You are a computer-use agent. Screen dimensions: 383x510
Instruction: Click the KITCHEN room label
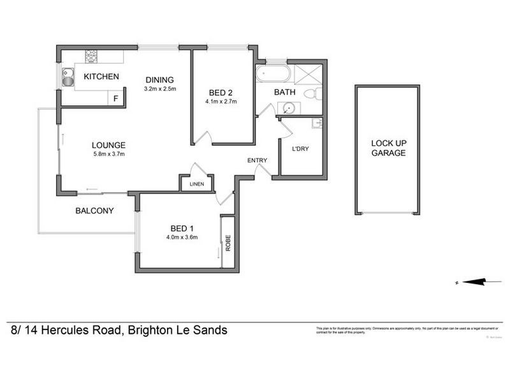tap(101, 77)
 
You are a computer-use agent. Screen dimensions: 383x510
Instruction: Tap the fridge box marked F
tap(115, 98)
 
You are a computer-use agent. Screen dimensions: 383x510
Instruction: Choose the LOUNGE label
tap(108, 145)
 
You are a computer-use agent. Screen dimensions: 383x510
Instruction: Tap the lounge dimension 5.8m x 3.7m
tap(108, 154)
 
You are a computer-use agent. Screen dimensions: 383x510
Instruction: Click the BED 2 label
tap(221, 92)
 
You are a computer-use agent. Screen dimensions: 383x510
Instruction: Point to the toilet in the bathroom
tap(310, 94)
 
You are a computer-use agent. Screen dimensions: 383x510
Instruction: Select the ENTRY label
tap(258, 160)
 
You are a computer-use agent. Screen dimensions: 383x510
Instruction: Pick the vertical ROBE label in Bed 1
tap(227, 243)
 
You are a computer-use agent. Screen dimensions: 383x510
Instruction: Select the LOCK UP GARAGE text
tap(388, 149)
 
